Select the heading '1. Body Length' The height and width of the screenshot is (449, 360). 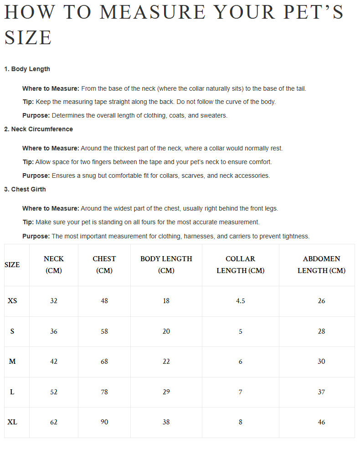(27, 69)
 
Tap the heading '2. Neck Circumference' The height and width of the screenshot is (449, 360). (38, 129)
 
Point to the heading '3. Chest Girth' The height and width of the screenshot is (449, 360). (25, 190)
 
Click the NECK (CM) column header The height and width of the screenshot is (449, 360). (54, 265)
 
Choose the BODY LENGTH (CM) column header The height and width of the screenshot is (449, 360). (166, 265)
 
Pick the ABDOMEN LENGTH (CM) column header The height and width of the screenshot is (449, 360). (321, 265)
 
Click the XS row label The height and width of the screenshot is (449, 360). (12, 301)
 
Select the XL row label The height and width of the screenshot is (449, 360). (12, 422)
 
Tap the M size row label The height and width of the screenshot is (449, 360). (12, 361)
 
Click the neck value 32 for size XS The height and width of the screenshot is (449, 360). (54, 301)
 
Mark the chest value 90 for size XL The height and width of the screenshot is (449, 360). (104, 422)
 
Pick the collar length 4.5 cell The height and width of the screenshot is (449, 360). (241, 301)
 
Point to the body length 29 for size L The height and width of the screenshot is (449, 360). (166, 392)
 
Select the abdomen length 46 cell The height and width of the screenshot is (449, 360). (321, 422)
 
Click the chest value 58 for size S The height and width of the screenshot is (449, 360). (104, 331)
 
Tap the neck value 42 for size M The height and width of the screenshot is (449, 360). (54, 361)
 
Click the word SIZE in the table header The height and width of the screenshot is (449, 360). (12, 265)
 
